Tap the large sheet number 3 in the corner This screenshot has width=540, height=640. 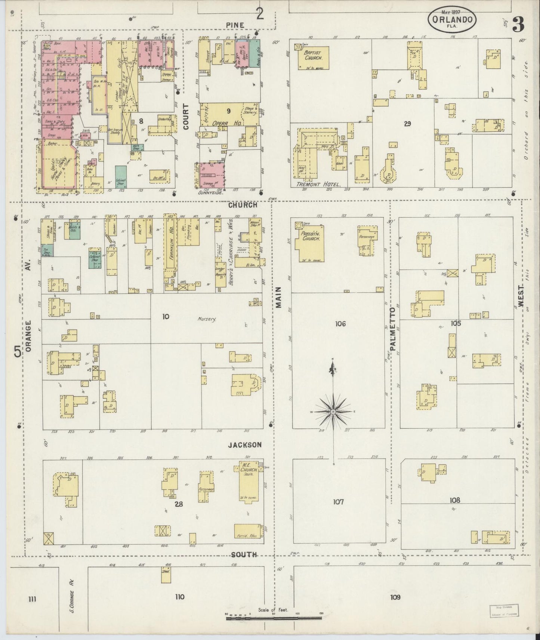tap(518, 25)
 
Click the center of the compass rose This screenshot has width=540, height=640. tap(332, 411)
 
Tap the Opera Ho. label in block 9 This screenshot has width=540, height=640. tap(220, 123)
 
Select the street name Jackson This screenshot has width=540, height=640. tap(245, 445)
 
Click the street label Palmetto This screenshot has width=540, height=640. tap(393, 329)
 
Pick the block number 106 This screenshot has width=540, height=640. tap(340, 324)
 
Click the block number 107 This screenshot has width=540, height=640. tap(339, 502)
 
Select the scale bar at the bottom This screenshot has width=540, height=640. tap(274, 618)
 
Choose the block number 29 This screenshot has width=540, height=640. tap(407, 123)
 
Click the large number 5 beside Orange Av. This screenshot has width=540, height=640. tap(17, 351)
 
